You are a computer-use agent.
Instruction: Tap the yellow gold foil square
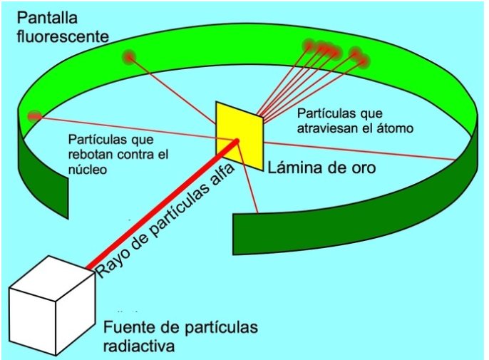tap(240, 135)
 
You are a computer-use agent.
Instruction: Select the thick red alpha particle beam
tap(164, 207)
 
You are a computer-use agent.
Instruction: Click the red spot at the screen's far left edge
tap(34, 116)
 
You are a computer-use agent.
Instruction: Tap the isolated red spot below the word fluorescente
tap(129, 56)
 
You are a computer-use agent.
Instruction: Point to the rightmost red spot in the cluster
tap(361, 61)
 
